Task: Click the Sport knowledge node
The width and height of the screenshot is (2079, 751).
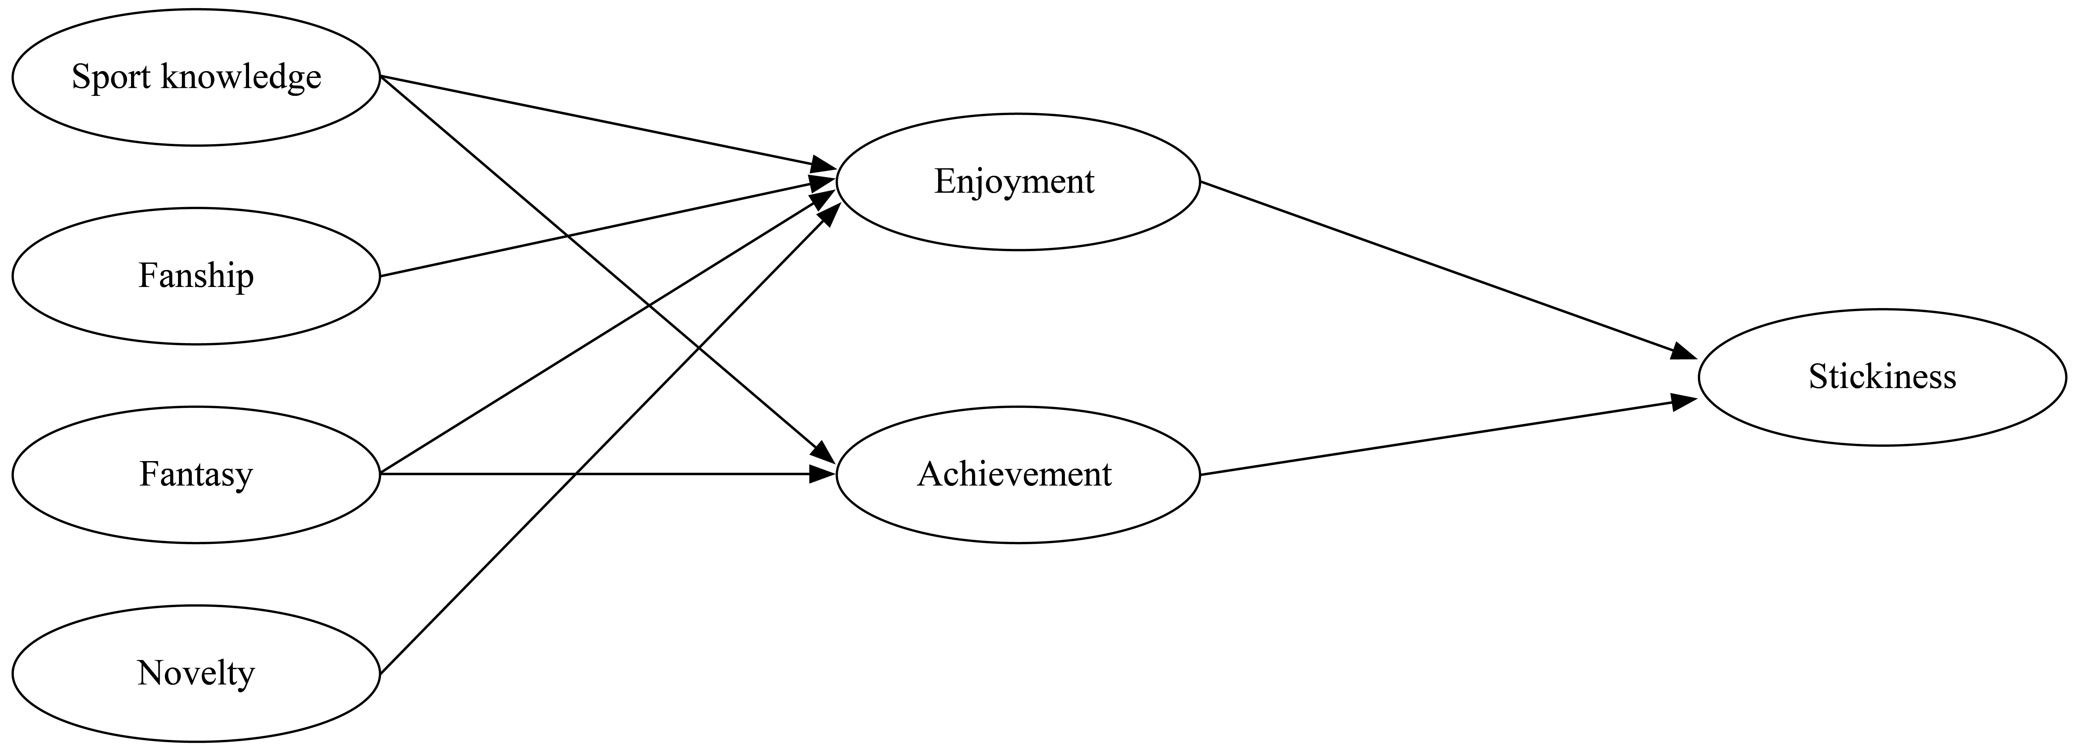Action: coord(196,78)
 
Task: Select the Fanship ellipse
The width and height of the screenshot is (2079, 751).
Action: coord(196,276)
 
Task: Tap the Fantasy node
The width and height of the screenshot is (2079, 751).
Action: coord(196,475)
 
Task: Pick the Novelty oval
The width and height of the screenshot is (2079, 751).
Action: coord(196,673)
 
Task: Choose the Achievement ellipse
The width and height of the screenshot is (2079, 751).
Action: coord(1018,475)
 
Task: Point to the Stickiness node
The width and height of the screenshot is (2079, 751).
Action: coord(1882,377)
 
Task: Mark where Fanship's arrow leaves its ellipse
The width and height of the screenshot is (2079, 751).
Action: coord(380,276)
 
